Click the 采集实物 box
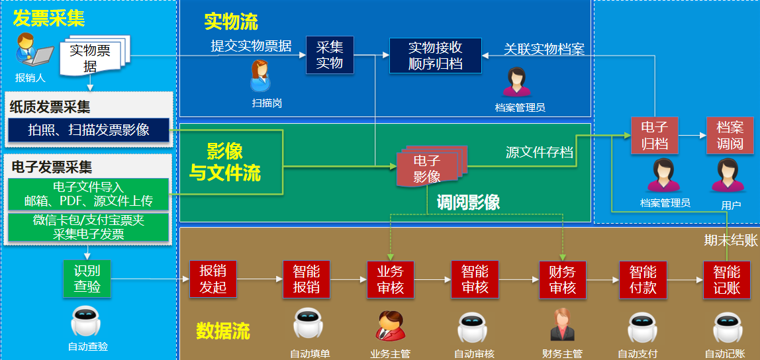330,56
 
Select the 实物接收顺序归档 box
436,56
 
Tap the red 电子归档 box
655,135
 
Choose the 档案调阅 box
730,135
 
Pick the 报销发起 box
213,279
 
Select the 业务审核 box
390,279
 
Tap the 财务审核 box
562,279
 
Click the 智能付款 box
643,279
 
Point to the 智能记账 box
727,279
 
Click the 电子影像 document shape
428,168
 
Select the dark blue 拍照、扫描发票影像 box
89,130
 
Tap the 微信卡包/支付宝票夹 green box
89,226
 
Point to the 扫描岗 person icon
260,77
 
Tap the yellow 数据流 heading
223,331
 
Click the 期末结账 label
730,241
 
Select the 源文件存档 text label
540,153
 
